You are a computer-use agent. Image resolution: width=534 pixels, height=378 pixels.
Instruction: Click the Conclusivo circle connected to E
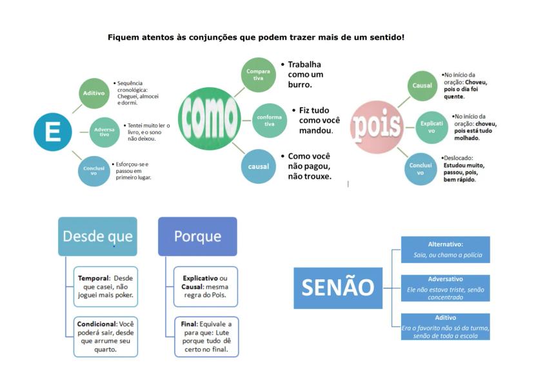[x=94, y=170]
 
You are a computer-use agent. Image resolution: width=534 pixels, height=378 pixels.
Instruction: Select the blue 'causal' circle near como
[x=258, y=166]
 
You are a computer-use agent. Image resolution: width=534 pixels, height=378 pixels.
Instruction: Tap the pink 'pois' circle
[x=376, y=126]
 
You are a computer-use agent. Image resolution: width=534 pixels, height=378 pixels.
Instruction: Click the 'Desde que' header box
[x=97, y=236]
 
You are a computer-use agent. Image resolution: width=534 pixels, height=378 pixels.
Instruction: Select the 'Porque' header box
[x=197, y=236]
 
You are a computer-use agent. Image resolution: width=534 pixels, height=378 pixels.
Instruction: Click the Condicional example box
[x=106, y=336]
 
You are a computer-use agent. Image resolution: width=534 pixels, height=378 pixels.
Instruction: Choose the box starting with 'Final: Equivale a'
[x=206, y=336]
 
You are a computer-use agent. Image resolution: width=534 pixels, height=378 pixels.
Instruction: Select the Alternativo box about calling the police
[x=445, y=250]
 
